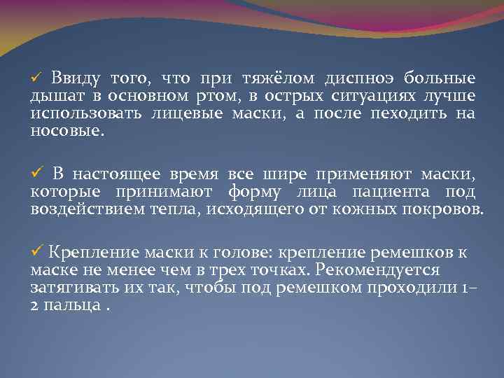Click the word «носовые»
pyautogui.click(x=66, y=131)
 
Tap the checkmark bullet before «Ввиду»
pyautogui.click(x=38, y=78)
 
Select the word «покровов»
pyautogui.click(x=447, y=209)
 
